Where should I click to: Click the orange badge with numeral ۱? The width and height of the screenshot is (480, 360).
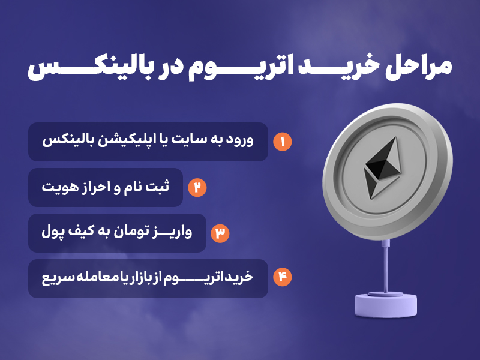(x=282, y=142)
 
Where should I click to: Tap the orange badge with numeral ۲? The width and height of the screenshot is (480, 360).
(x=197, y=187)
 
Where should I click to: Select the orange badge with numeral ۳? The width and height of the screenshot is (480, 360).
(x=220, y=233)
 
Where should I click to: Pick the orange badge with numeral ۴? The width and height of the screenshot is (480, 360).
(x=282, y=277)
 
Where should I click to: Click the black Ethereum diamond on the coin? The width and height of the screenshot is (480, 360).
(x=383, y=168)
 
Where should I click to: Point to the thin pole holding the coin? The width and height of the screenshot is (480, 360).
(x=386, y=266)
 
